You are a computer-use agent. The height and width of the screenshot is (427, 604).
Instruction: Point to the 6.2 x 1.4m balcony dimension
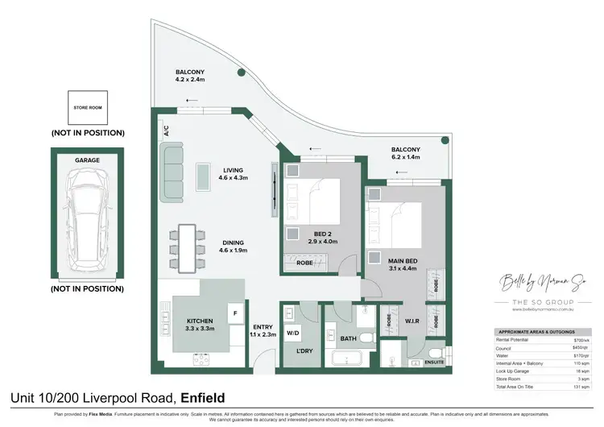point(406,159)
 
